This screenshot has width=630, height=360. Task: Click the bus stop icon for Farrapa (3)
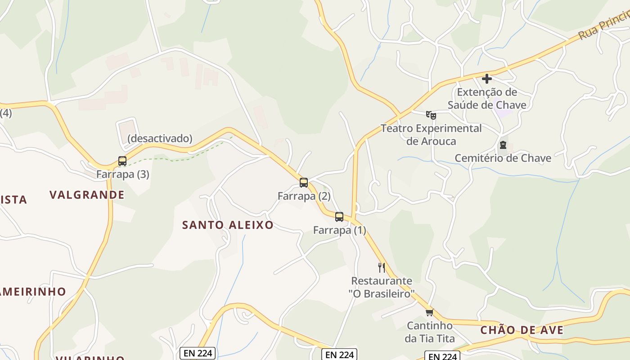point(122,161)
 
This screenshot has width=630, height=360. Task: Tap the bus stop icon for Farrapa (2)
point(304,182)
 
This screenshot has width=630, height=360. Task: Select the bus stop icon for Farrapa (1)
point(339,216)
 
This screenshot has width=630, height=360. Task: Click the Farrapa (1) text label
point(339,230)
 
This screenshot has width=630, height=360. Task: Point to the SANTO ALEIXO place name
point(228,225)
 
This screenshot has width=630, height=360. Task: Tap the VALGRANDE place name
point(87,195)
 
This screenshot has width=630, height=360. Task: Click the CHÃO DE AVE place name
point(522,330)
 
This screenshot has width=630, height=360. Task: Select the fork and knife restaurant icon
point(382,268)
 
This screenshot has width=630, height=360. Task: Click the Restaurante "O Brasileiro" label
point(382,287)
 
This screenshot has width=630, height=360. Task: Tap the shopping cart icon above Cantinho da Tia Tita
point(429,312)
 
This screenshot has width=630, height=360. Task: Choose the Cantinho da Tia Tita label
point(429,332)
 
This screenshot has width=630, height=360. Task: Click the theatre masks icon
point(431,115)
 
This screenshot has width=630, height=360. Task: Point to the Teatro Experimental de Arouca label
point(431,135)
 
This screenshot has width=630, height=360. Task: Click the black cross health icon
point(486,79)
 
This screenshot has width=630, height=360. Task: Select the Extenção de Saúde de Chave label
point(487,99)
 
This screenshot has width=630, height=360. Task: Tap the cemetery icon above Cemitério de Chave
point(503,145)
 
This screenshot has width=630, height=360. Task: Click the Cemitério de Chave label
point(503,158)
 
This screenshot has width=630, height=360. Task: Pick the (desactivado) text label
point(160,138)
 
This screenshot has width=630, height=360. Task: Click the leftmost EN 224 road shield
point(198,353)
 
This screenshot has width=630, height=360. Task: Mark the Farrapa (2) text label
point(304,196)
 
